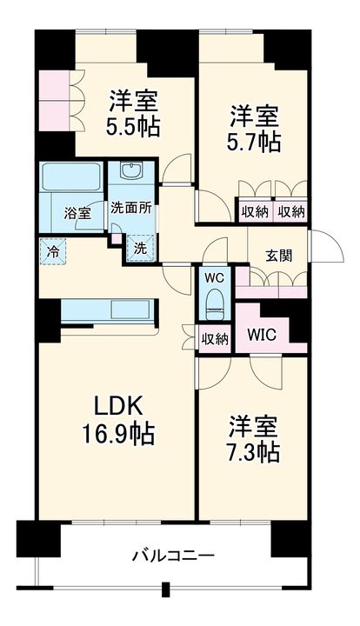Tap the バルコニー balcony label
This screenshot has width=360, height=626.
tap(173, 555)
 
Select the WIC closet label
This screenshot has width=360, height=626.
tap(263, 333)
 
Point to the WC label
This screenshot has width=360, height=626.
tap(214, 279)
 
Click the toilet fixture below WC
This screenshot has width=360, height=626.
tap(214, 304)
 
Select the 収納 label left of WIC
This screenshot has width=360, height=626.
tap(214, 338)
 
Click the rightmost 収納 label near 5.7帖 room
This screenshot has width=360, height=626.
tap(291, 211)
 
